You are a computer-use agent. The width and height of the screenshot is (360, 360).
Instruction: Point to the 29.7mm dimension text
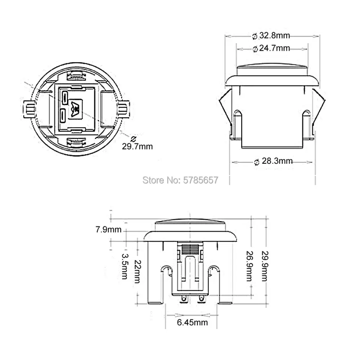tap(137, 147)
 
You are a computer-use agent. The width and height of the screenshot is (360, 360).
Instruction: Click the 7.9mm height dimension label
tap(109, 229)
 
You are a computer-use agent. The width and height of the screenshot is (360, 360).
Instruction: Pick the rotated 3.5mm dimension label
tap(125, 266)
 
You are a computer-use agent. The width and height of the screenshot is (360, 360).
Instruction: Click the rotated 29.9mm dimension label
tap(265, 266)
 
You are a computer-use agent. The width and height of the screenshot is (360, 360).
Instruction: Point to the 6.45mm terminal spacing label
tap(192, 322)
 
